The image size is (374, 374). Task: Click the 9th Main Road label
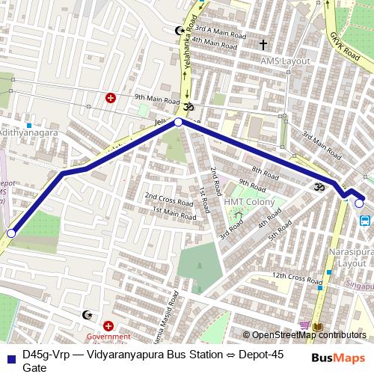coord(157,97)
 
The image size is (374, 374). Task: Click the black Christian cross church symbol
coord(263,45)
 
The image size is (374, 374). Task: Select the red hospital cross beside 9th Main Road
coord(111,97)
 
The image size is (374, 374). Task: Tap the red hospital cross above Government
coord(109,326)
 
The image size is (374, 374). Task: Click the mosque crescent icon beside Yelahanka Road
coord(179,31)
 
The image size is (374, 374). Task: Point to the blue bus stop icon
coord(365,221)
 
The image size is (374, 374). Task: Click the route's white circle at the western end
coord(10,234)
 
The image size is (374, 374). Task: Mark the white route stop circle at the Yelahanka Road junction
coord(178,122)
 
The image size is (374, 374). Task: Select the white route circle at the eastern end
coord(359,203)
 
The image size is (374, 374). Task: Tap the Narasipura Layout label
coord(349,258)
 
